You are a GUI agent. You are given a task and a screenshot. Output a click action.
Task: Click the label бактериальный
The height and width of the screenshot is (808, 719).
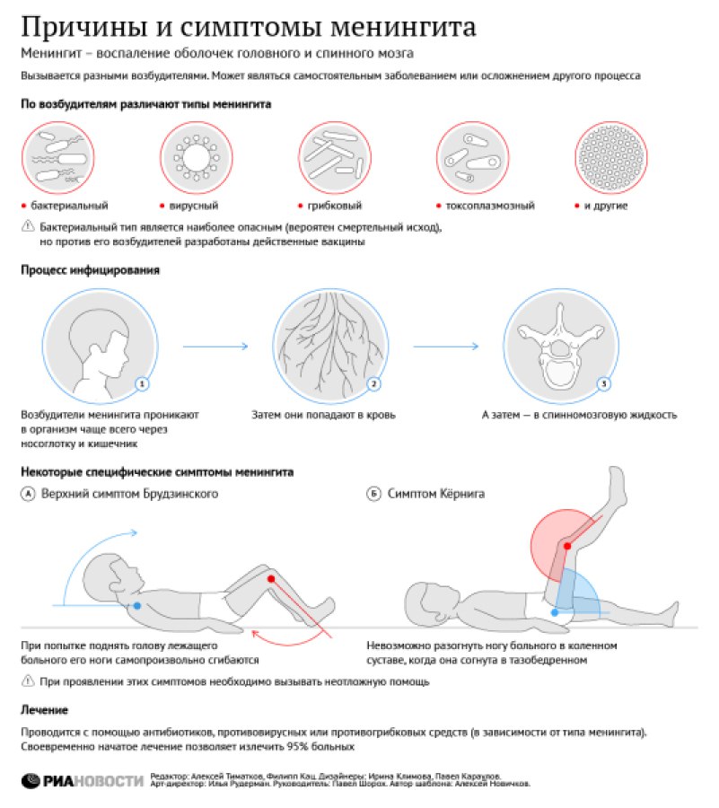(x=67, y=206)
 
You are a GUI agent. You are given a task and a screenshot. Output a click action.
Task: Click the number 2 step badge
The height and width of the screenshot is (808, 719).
(x=373, y=384)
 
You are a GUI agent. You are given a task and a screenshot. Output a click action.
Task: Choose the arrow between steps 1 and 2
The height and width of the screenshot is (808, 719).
(x=215, y=345)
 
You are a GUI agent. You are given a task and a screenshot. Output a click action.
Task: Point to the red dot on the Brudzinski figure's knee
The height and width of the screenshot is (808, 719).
(x=270, y=580)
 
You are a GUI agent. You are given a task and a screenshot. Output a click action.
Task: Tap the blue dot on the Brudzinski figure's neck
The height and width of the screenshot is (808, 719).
(x=136, y=606)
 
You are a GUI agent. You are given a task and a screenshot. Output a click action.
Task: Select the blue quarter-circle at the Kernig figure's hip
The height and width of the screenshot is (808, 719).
(x=574, y=598)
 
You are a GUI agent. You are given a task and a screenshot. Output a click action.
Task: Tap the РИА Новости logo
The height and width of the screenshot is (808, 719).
(x=82, y=780)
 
